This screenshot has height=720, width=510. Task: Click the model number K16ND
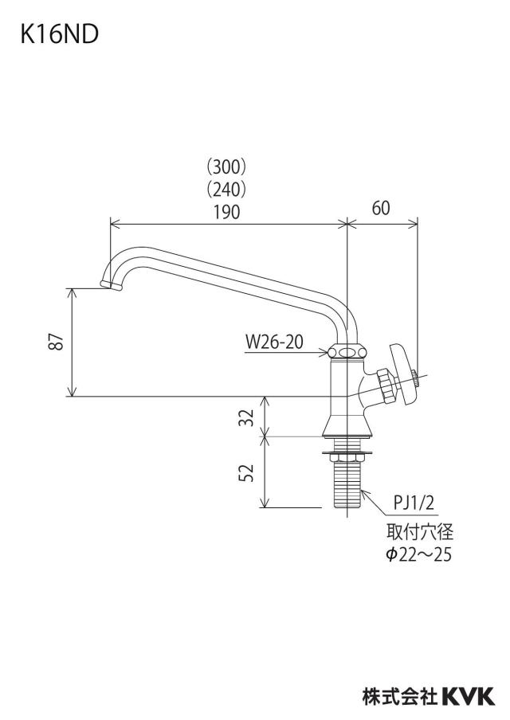pos(59,35)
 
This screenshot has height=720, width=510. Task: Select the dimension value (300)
pos(226,167)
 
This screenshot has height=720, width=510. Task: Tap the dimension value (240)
pos(226,190)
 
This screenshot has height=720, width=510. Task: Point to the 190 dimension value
pos(226,212)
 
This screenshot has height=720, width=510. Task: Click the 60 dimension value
pos(381,208)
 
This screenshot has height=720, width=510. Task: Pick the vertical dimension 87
pos(57,341)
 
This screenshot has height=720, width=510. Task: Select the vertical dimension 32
pos(247,417)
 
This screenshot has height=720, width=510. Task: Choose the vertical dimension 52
pos(247,472)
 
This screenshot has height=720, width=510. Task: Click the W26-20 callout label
pos(274,342)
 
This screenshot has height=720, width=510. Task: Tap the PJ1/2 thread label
pos(414,503)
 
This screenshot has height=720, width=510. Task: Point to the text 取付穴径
pos(419,532)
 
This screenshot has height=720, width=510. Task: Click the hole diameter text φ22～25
pos(418,554)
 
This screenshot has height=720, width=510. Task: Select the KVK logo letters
pos(469,695)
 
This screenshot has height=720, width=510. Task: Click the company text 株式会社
pos(400,696)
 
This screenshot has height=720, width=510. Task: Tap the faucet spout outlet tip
pos(112,285)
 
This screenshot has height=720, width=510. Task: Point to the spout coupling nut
pos(347,352)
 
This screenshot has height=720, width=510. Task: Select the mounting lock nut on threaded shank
pos(347,456)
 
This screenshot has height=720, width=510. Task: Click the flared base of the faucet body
pos(347,425)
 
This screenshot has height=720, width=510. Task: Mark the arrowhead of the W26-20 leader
pos(324,353)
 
